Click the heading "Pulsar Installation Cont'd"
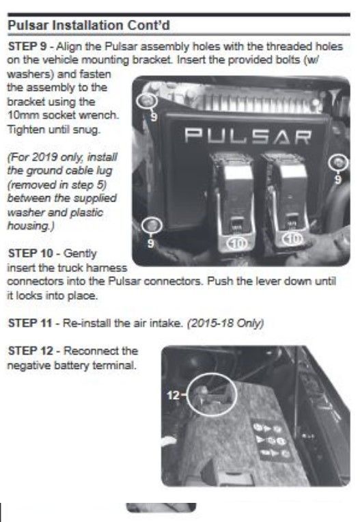click(89, 26)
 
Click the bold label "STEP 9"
click(27, 46)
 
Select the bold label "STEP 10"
click(30, 253)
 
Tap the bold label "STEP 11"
click(30, 323)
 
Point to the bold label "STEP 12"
click(30, 351)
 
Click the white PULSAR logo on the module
click(248, 136)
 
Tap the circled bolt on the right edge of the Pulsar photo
click(339, 163)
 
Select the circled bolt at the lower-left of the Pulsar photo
click(152, 225)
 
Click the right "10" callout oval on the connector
click(293, 238)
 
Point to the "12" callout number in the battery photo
click(174, 395)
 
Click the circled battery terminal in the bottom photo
click(212, 394)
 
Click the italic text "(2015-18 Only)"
click(225, 323)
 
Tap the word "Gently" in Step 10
click(79, 253)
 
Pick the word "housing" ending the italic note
click(28, 226)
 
